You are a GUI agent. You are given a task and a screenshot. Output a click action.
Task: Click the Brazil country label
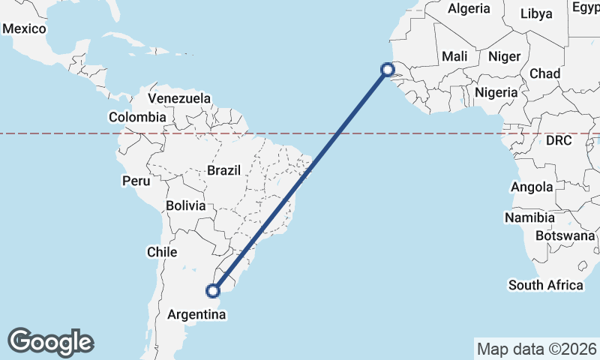tap(224, 170)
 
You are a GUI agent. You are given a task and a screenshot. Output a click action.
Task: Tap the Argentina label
tap(197, 315)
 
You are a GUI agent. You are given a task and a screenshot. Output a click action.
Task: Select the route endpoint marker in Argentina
tap(214, 290)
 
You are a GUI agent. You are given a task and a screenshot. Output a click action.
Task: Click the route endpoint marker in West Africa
tap(388, 70)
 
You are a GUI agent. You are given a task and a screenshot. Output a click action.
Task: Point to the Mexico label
tap(25, 28)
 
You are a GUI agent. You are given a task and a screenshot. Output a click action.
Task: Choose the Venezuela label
tap(179, 98)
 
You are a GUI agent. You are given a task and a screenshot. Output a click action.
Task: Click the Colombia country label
tap(137, 117)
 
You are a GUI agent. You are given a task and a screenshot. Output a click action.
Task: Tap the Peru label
tap(136, 181)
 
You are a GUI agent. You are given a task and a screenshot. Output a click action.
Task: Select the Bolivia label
tap(185, 205)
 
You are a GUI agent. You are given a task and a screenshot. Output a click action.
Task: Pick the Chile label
tap(161, 252)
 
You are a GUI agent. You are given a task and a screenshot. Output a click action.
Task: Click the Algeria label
tap(469, 9)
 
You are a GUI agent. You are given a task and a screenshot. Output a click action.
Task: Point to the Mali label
tap(454, 56)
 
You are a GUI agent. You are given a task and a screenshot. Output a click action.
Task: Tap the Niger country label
tap(504, 56)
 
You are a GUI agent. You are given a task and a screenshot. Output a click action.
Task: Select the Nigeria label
tap(496, 92)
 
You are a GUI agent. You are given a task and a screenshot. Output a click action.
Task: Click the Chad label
tap(544, 73)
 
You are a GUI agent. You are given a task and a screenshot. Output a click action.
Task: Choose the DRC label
tap(559, 140)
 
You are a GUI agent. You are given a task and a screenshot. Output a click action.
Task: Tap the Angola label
tap(532, 187)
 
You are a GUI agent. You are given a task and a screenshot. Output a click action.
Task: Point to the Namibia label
tap(529, 217)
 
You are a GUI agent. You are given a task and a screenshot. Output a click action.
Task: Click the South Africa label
tap(546, 285)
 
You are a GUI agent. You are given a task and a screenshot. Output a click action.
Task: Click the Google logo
tap(51, 342)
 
